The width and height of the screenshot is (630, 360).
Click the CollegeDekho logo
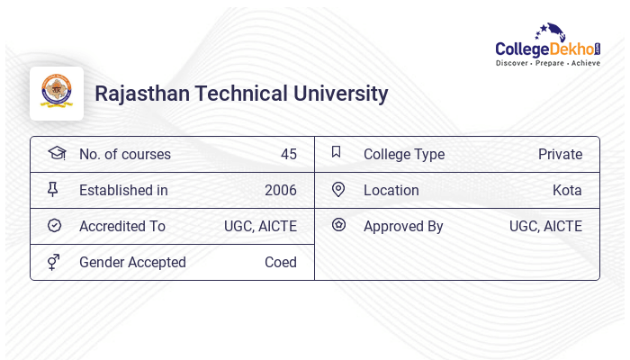(547, 46)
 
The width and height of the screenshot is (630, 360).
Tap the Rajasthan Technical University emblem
(57, 93)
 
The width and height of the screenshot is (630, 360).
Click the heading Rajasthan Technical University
(241, 94)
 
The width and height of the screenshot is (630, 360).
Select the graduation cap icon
(56, 153)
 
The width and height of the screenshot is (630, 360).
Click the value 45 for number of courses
(288, 154)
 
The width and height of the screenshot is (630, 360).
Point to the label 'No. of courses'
(124, 154)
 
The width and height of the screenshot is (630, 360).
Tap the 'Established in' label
(123, 190)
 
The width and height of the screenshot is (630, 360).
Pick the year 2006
(280, 190)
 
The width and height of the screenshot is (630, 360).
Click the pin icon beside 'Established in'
(53, 189)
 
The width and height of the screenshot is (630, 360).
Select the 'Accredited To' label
(121, 226)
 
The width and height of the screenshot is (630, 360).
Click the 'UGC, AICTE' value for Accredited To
(260, 226)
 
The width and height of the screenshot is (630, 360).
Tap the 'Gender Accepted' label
(132, 262)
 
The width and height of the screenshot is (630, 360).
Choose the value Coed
(280, 262)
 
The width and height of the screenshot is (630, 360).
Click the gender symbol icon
(53, 261)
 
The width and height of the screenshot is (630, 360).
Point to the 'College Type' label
(403, 154)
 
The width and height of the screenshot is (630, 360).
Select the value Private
(560, 154)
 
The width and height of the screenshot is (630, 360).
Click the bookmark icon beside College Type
(337, 152)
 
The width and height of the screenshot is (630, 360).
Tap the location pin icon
(338, 189)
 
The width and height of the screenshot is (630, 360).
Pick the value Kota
(567, 190)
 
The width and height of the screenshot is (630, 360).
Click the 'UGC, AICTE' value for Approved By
(545, 226)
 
